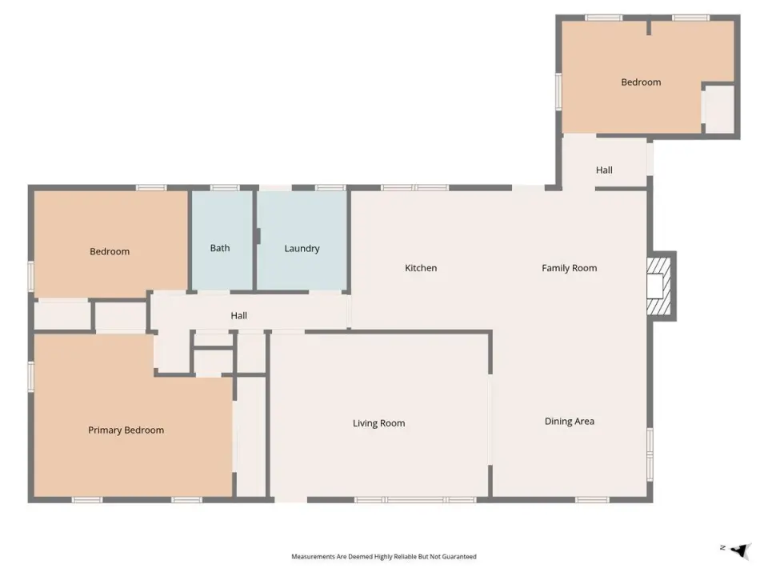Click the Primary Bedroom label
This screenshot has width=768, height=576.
click(x=126, y=430)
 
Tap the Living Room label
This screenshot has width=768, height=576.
click(x=378, y=423)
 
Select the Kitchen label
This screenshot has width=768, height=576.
click(x=421, y=268)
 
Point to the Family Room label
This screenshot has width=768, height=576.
click(x=569, y=268)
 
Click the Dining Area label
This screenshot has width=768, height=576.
click(x=569, y=422)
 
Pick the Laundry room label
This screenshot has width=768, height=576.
click(x=302, y=248)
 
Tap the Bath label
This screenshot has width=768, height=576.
click(x=220, y=248)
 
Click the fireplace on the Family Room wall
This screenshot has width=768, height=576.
click(x=662, y=286)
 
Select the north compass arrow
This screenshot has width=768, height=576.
click(x=742, y=550)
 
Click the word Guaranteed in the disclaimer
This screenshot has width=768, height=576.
click(x=461, y=557)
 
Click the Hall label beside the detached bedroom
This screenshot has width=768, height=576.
click(x=604, y=170)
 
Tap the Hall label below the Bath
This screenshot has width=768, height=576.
click(x=238, y=316)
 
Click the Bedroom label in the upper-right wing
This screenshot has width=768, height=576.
click(x=641, y=82)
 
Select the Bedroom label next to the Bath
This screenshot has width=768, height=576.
click(x=110, y=252)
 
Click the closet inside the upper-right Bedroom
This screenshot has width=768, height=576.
click(x=719, y=110)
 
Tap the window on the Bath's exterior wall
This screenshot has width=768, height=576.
click(x=225, y=187)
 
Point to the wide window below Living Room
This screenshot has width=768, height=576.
click(x=415, y=500)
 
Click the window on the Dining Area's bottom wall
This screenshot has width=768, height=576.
click(x=592, y=500)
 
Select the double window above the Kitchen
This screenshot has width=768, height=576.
click(x=415, y=187)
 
